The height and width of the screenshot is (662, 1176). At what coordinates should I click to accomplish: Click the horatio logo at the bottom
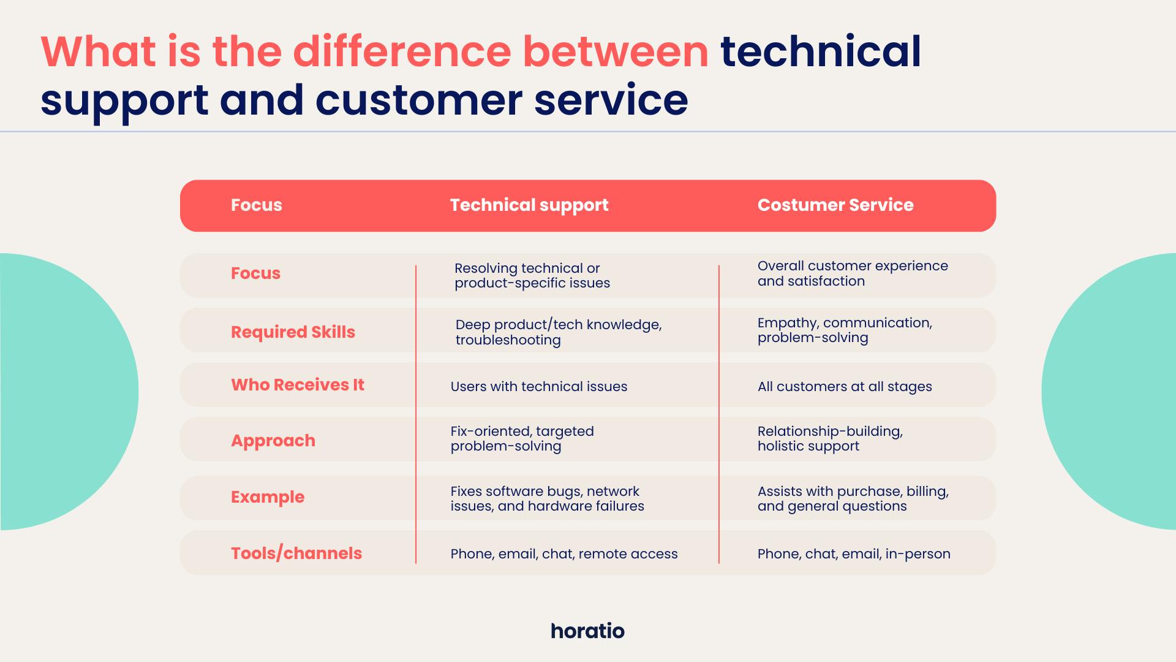tap(587, 631)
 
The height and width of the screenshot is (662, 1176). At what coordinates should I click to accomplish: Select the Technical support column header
tap(529, 205)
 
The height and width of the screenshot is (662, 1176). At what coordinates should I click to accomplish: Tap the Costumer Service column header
tap(835, 205)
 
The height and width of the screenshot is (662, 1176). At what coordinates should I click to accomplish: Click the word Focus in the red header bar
tap(257, 205)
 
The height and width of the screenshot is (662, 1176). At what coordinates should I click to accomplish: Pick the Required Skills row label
tap(293, 332)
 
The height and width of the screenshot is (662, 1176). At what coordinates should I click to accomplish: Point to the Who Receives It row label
tap(298, 385)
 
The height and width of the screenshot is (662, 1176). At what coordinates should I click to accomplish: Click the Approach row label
tap(273, 441)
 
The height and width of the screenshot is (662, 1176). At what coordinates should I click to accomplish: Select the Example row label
tap(268, 497)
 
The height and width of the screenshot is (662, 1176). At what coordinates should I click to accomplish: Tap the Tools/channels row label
tap(296, 554)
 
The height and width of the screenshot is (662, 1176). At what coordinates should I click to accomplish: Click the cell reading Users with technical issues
tap(539, 387)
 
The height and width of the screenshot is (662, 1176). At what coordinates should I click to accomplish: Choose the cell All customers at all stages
tap(845, 387)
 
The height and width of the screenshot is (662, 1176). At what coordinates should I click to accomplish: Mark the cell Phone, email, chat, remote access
tap(564, 554)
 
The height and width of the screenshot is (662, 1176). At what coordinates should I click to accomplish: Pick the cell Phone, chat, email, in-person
tap(854, 554)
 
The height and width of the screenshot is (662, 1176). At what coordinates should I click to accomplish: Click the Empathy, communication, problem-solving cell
tap(845, 330)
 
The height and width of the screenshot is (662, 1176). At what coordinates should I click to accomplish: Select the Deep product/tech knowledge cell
tap(559, 332)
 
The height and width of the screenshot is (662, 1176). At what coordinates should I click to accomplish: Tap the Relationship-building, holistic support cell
tap(830, 439)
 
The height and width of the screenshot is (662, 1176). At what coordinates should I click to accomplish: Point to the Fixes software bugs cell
tap(548, 499)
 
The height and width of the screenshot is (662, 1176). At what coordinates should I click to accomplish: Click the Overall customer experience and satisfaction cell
tap(853, 273)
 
